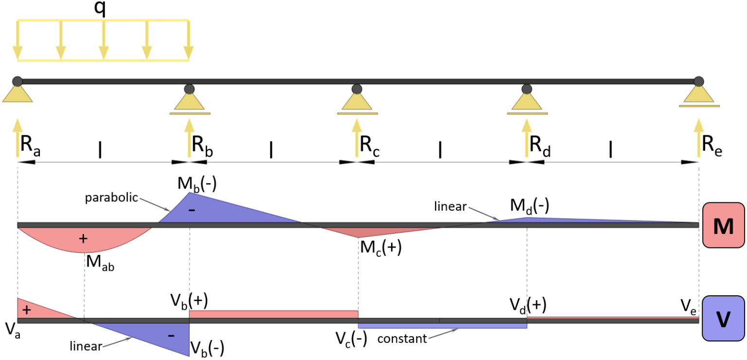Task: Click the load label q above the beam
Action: click(x=101, y=10)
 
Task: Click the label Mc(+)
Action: click(x=380, y=248)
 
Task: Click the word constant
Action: click(x=402, y=338)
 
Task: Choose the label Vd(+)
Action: click(x=528, y=305)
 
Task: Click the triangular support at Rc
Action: click(x=357, y=101)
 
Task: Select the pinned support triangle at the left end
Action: click(x=18, y=93)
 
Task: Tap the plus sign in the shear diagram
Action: click(x=27, y=310)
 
